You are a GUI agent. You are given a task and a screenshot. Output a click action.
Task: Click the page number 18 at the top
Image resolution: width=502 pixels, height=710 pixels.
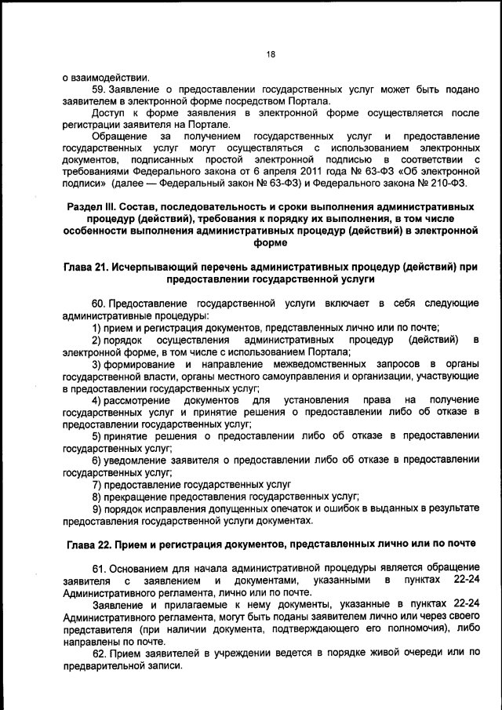coord(271,54)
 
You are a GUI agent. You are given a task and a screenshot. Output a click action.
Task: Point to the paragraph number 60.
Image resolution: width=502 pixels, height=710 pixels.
coord(99,303)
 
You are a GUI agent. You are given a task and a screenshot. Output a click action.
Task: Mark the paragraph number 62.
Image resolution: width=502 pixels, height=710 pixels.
coord(99,653)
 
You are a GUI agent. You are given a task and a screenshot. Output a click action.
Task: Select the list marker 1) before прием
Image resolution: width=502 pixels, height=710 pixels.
coord(97,327)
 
